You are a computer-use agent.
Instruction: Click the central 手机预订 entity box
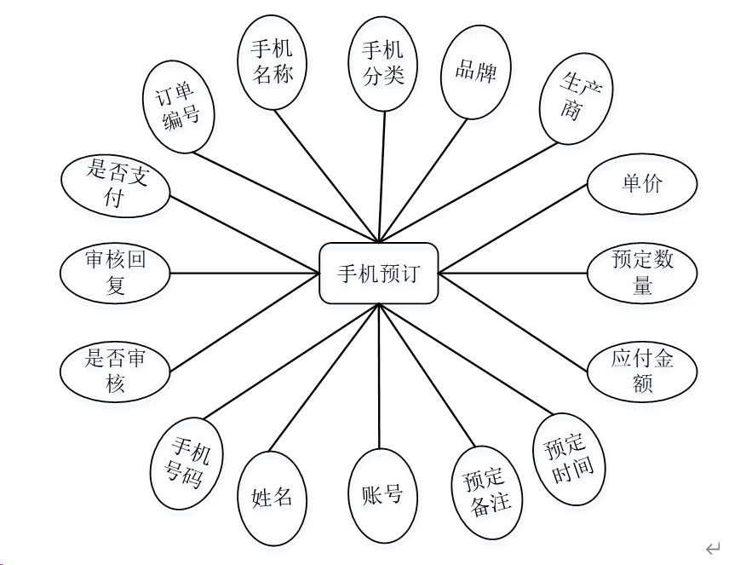tap(378, 274)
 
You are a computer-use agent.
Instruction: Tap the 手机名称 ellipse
tap(273, 62)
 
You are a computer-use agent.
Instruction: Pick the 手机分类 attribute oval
tap(383, 63)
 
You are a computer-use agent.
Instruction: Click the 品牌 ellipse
tap(475, 72)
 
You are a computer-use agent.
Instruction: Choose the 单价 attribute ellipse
tap(642, 183)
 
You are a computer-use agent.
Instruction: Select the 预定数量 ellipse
tap(642, 273)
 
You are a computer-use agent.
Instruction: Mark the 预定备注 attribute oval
tap(487, 492)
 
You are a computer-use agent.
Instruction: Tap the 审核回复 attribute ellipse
tap(116, 273)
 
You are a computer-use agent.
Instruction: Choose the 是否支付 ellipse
tap(116, 184)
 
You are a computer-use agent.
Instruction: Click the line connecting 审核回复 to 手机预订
tap(244, 274)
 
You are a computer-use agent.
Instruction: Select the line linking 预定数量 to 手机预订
tap(513, 274)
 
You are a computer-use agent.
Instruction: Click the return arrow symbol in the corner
tap(714, 548)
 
